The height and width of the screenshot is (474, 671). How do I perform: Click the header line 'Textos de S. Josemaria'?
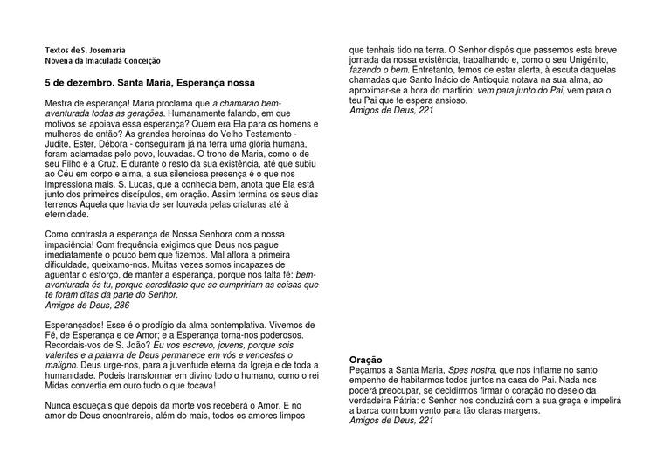pos(87,50)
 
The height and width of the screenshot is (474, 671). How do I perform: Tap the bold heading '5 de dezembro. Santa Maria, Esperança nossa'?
pos(149,83)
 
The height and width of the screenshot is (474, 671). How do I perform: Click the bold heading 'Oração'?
pos(366,360)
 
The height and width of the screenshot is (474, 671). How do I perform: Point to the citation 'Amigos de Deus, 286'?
pos(87,306)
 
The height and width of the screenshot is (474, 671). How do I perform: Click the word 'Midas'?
pos(59,385)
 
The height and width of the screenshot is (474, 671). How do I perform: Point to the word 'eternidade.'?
pos(67,214)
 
